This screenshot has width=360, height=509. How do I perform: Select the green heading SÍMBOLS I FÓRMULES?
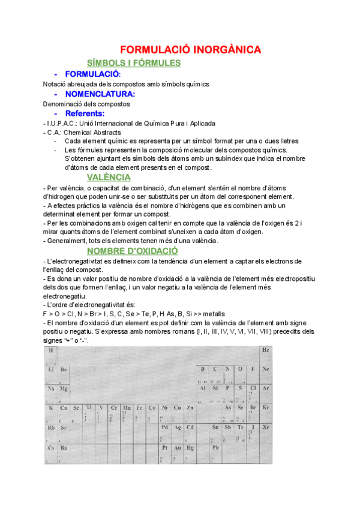coord(134,63)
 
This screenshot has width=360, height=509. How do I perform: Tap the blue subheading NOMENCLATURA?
coord(100,94)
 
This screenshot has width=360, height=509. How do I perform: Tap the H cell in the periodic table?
coord(51,351)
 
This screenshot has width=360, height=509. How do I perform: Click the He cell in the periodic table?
coord(266,351)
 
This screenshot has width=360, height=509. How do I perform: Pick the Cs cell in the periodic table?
coord(51,448)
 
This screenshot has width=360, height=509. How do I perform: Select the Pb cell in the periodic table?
coord(215,448)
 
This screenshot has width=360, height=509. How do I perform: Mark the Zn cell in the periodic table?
coord(190,408)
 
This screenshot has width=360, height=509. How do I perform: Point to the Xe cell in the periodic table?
coord(266,427)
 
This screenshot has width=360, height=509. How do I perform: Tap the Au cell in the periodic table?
coord(178,448)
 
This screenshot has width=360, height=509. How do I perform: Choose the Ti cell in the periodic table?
coord(89,408)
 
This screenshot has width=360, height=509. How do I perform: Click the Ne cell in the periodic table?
coord(266,369)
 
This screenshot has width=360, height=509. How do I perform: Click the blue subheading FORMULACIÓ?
coord(93,74)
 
